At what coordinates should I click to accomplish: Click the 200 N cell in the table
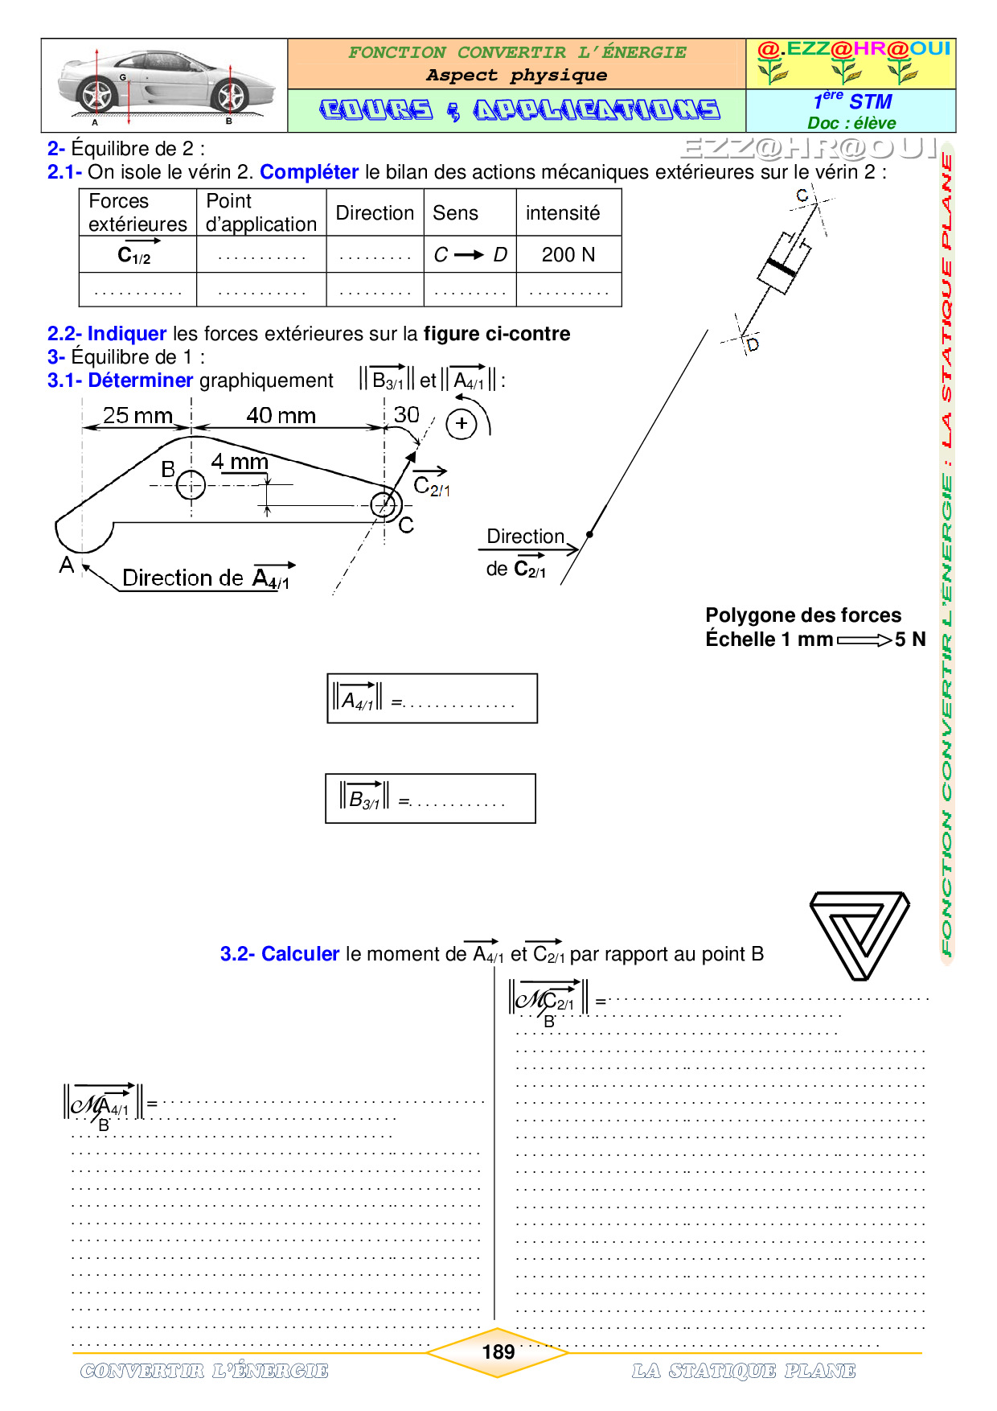[568, 255]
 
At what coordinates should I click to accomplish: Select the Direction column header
[375, 213]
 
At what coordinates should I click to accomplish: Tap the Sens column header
[455, 213]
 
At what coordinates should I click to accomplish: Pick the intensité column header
[563, 213]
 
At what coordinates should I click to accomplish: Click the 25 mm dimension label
[137, 416]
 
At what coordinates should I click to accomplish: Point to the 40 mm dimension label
[281, 416]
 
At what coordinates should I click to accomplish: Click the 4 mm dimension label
[240, 462]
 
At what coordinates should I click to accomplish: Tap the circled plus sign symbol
[462, 424]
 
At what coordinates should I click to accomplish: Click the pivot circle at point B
[191, 485]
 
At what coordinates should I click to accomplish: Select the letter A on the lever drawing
[67, 566]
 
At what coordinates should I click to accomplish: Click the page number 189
[498, 1352]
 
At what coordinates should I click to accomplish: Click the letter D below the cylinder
[753, 345]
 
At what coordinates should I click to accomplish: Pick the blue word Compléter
[309, 172]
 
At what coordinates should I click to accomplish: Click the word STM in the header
[871, 102]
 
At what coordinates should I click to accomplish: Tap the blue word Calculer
[300, 954]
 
